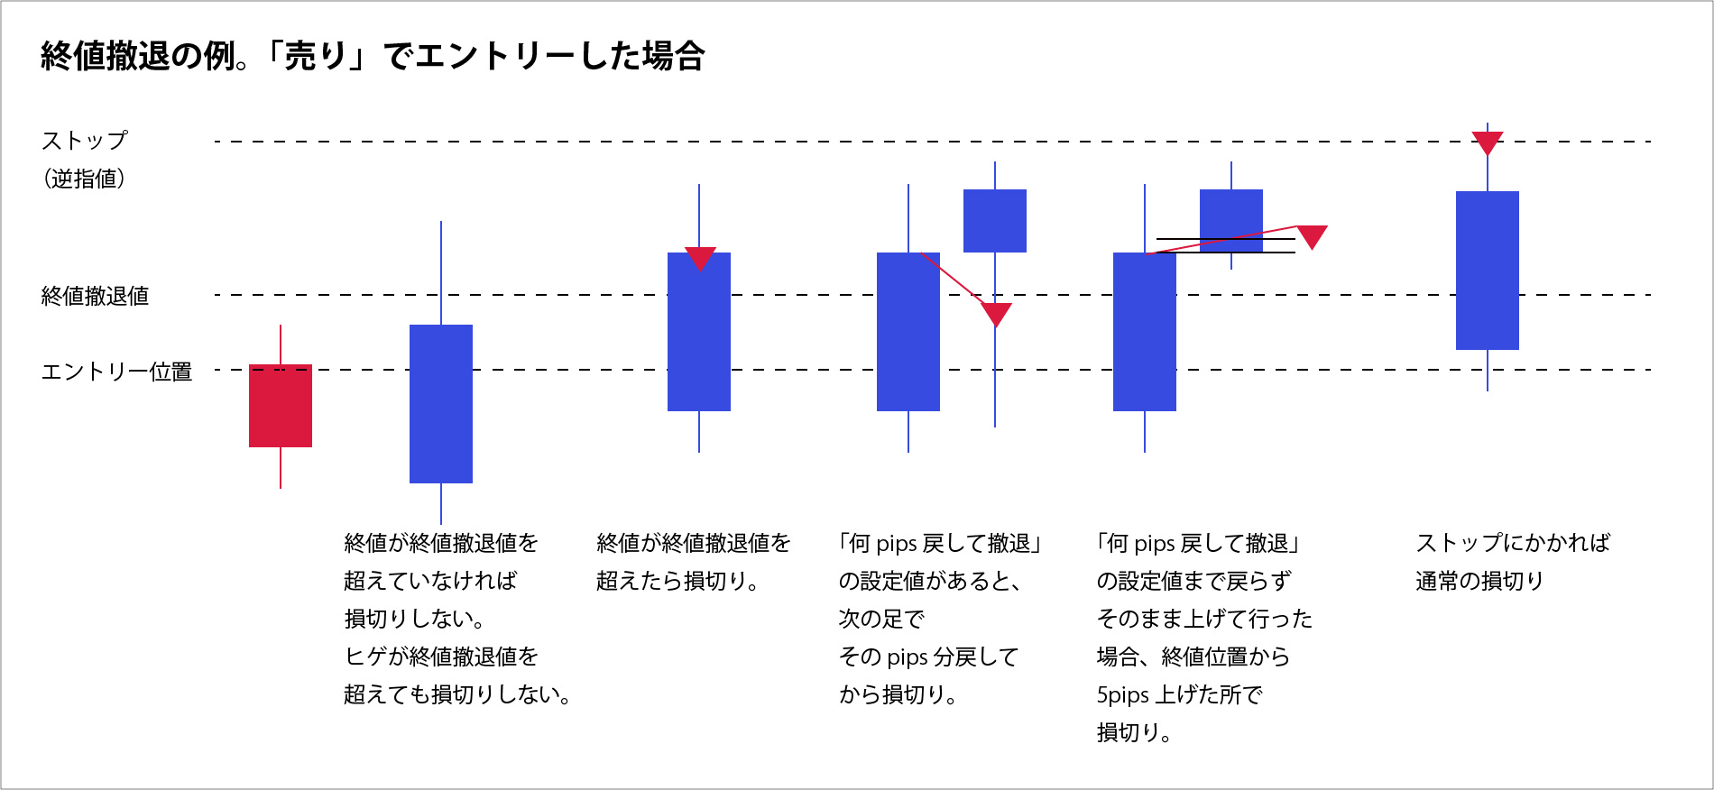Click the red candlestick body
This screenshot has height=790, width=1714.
(281, 406)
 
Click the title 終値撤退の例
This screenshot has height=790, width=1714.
(144, 57)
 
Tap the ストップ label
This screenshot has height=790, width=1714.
(85, 141)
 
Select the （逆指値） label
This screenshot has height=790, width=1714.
(84, 179)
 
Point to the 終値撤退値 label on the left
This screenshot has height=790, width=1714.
(95, 296)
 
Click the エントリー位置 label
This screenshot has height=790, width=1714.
(116, 372)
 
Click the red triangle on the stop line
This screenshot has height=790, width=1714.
(1488, 142)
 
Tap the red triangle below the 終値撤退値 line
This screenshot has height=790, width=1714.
(996, 314)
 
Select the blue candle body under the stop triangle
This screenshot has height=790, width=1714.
(1488, 271)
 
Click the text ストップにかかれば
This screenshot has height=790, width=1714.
(1513, 543)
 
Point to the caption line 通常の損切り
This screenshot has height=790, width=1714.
(1479, 581)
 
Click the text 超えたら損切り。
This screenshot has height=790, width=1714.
(677, 581)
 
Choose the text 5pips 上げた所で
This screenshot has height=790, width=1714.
(1179, 694)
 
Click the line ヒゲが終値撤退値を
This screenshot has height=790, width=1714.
(441, 657)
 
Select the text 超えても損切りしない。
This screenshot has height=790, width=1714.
(456, 694)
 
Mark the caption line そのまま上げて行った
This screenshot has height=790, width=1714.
(1204, 619)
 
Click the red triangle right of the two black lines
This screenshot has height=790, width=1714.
(1312, 235)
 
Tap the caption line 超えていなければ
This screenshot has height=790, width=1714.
(430, 581)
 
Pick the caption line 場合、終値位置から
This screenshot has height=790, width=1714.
(1193, 657)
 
